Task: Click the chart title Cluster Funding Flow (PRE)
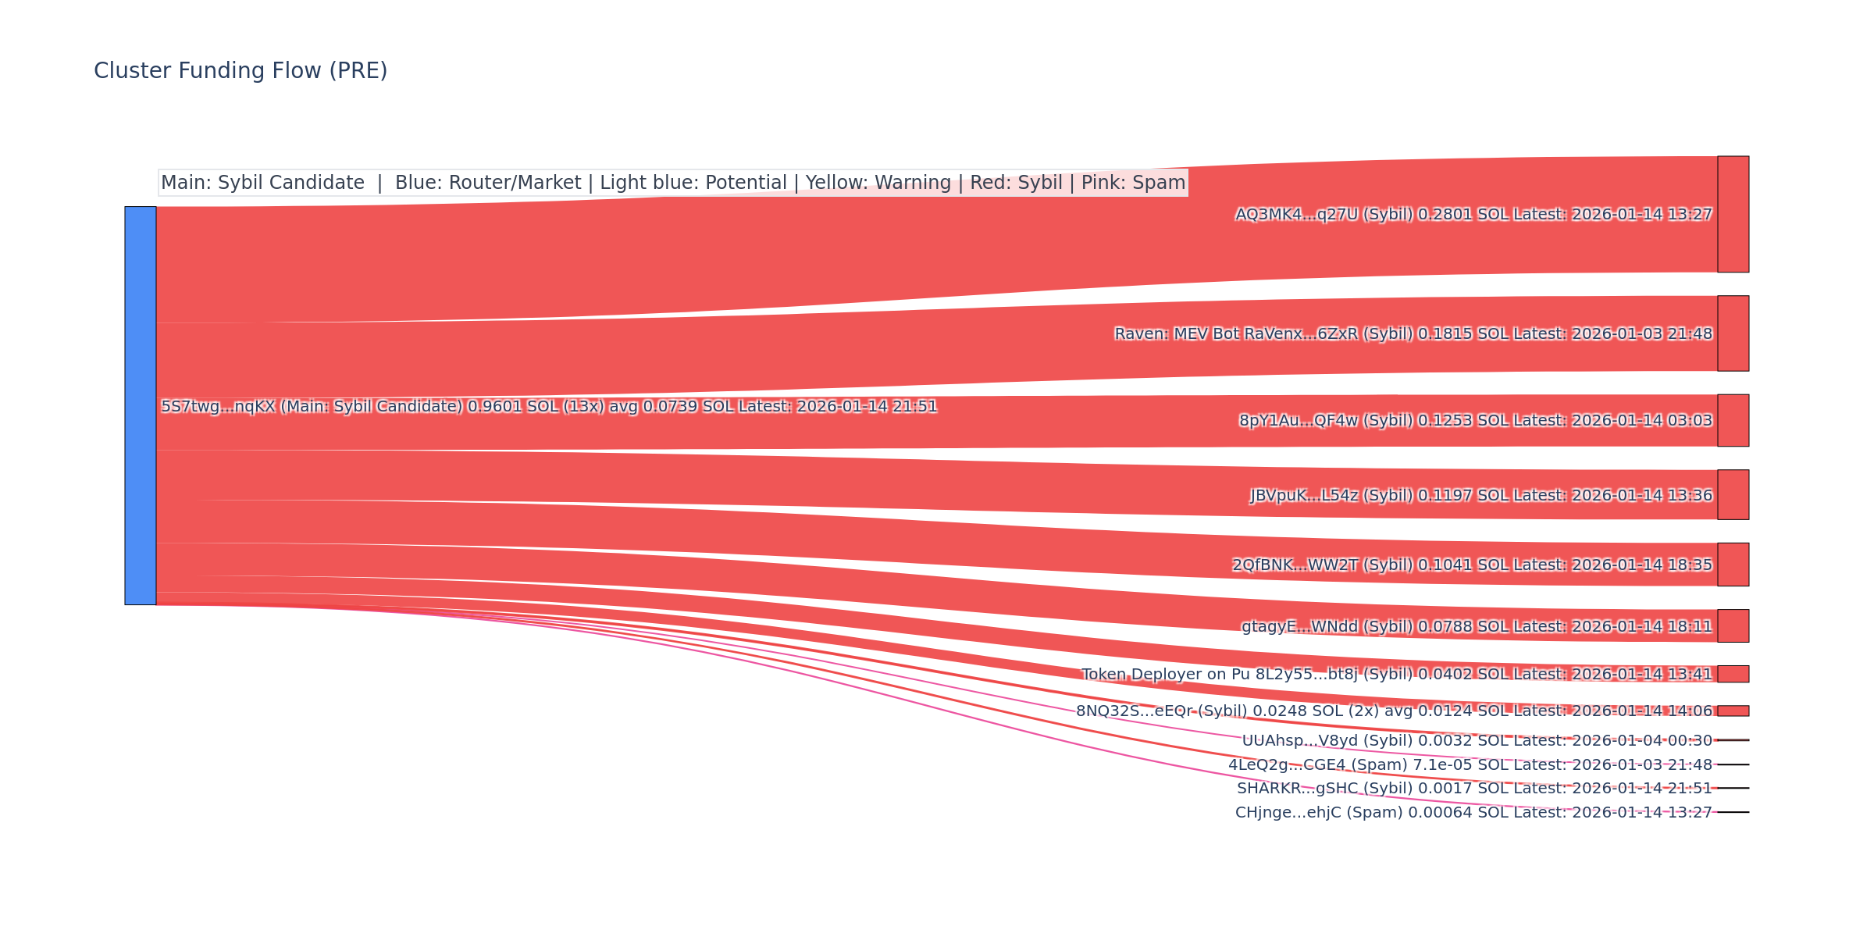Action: pos(240,71)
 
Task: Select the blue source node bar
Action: pos(141,405)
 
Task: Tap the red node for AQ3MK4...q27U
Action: pos(1733,214)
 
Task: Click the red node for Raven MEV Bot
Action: pos(1733,333)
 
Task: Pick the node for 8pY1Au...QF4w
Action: pos(1733,420)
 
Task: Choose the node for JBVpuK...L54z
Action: pos(1733,494)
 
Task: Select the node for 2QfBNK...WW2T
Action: pos(1733,564)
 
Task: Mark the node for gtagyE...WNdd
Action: pos(1733,625)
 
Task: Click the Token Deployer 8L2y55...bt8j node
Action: pos(1733,674)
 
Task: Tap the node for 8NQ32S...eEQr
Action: pos(1733,711)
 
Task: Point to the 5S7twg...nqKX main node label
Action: pos(549,406)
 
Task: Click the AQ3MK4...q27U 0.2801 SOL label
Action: pos(1473,214)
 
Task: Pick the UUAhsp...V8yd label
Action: pos(1477,740)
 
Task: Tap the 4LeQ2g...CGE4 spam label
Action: pos(1470,764)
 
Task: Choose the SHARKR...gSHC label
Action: pos(1474,788)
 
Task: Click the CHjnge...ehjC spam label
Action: pos(1473,812)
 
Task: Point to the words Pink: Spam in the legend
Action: pos(1133,183)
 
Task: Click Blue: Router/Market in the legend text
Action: pos(488,183)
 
